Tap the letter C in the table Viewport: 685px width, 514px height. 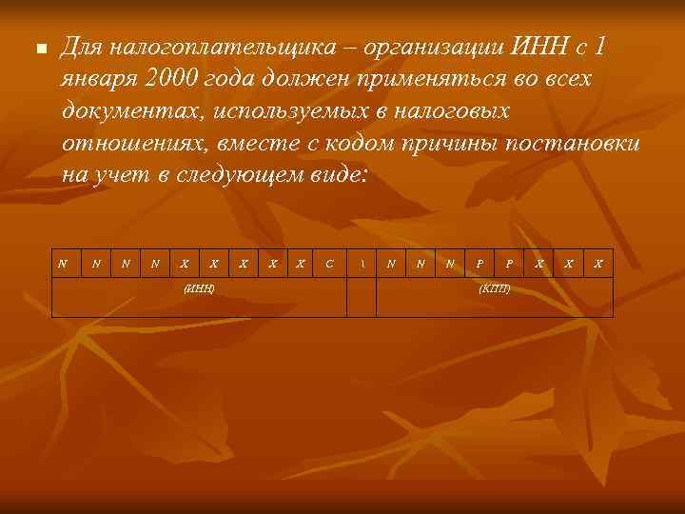[x=329, y=263]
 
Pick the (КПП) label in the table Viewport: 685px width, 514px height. [x=495, y=287]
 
